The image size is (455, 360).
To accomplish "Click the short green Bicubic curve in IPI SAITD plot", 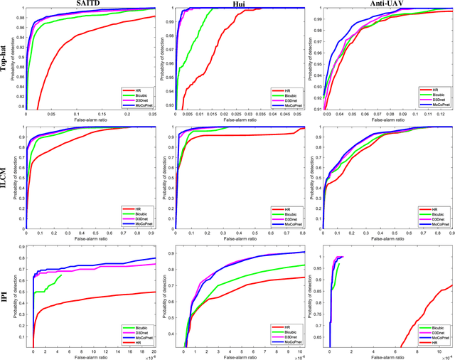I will pos(50,285).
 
